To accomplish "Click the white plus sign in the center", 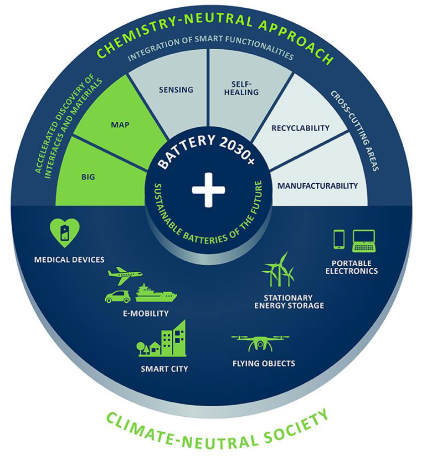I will pos(209,190).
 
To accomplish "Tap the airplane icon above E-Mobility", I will pos(125,274).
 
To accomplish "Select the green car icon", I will pos(118,297).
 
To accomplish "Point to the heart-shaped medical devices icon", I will pos(65,232).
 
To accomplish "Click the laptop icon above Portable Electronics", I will pos(364,240).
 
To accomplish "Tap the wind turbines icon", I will pos(279,270).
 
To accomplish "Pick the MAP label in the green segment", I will pos(120,125).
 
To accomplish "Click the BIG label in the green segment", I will pos(88,176).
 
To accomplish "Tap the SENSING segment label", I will pos(176,90).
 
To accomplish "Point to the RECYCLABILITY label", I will pos(300,128).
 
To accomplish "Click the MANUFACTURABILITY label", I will pos(317,186).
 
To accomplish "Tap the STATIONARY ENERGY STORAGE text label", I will pos(289,302).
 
